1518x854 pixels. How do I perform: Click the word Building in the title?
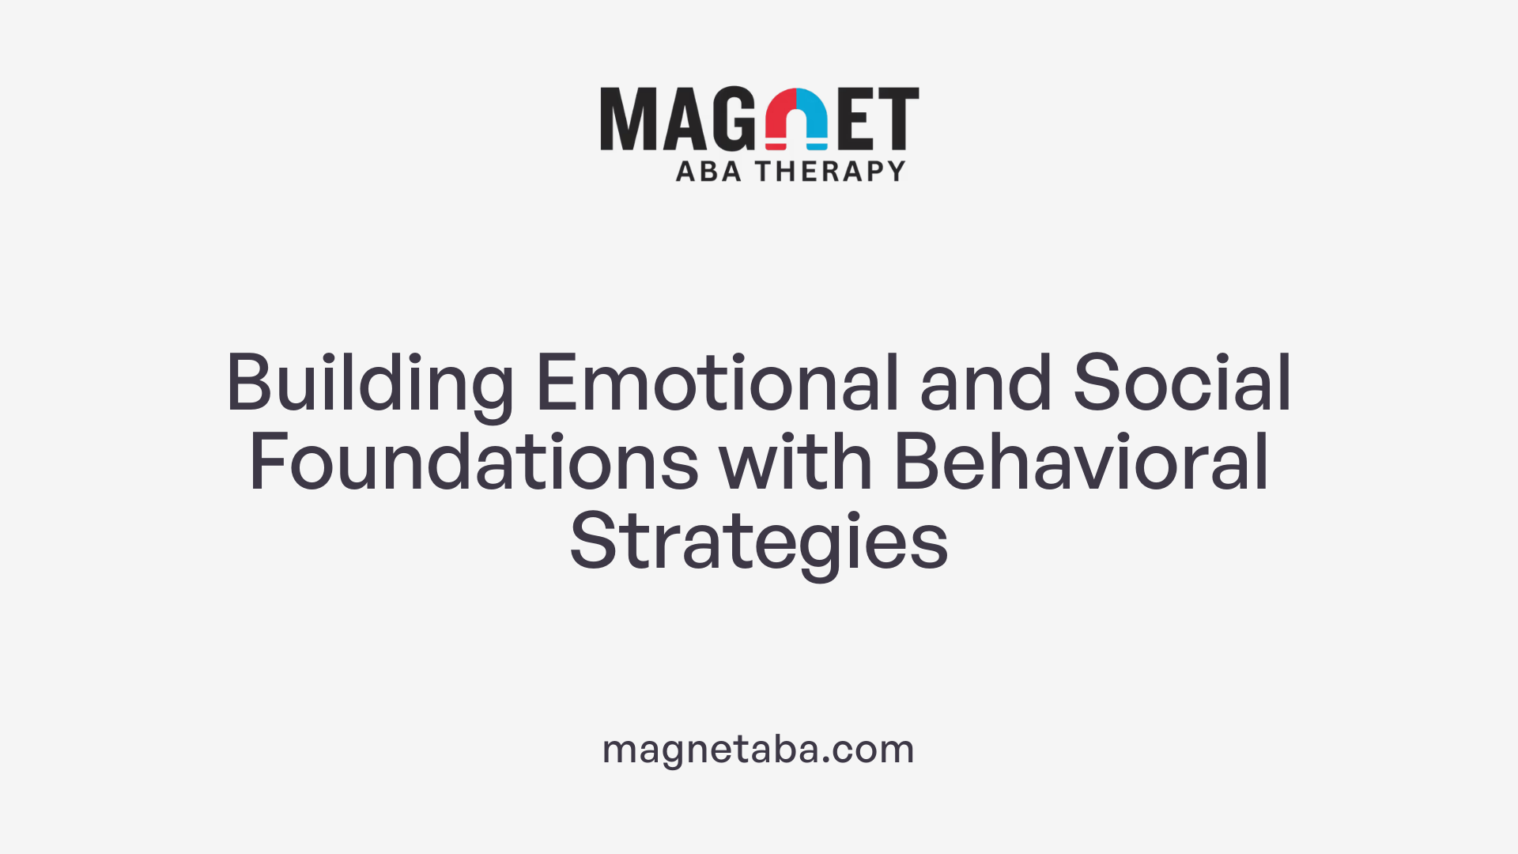click(370, 385)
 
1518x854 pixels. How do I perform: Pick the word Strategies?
click(758, 542)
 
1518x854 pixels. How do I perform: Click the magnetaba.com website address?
click(758, 749)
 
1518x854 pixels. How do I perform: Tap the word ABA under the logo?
click(708, 171)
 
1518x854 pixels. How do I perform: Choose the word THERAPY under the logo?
click(830, 171)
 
